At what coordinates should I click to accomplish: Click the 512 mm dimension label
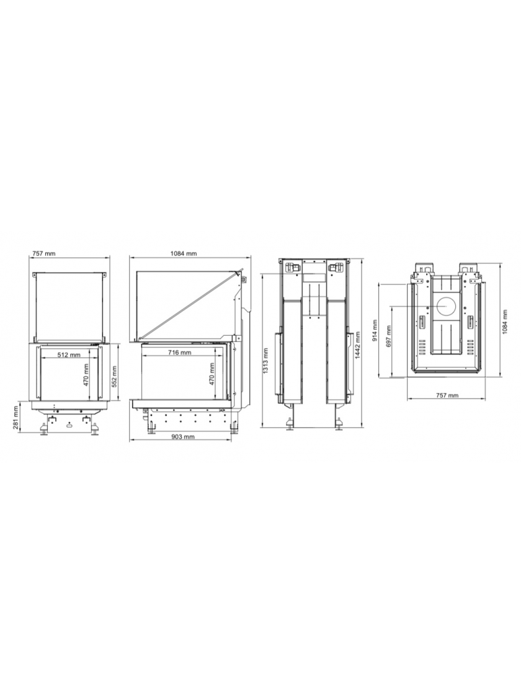[69, 355]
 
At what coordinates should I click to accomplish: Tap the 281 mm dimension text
[16, 419]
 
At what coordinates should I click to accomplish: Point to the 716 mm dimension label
[179, 353]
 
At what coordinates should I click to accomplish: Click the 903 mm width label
[182, 436]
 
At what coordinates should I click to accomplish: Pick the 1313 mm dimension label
[265, 361]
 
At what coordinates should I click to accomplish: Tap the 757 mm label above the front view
[44, 253]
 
